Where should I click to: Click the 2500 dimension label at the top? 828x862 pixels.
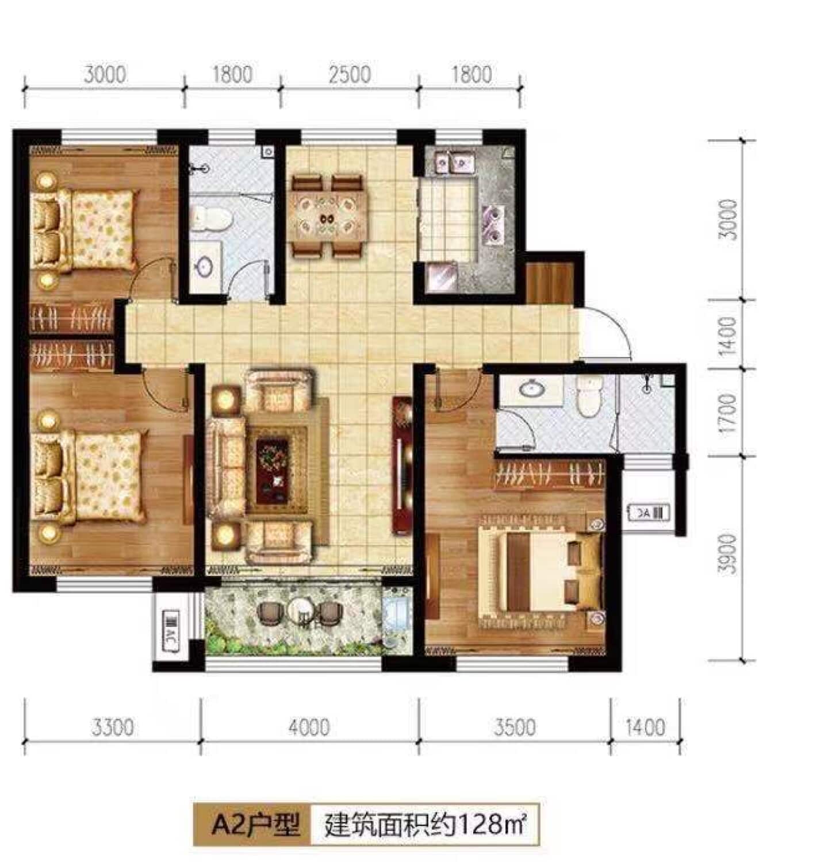[x=350, y=75]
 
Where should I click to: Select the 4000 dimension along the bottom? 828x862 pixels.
[x=309, y=728]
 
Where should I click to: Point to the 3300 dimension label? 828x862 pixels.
[x=113, y=728]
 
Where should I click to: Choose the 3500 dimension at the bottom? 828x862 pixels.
[x=515, y=728]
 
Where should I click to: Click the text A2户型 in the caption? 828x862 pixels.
[x=256, y=826]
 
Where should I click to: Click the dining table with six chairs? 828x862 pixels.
[x=328, y=216]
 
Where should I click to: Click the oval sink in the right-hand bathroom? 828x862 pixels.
[x=532, y=389]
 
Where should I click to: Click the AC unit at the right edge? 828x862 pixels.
[x=649, y=512]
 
